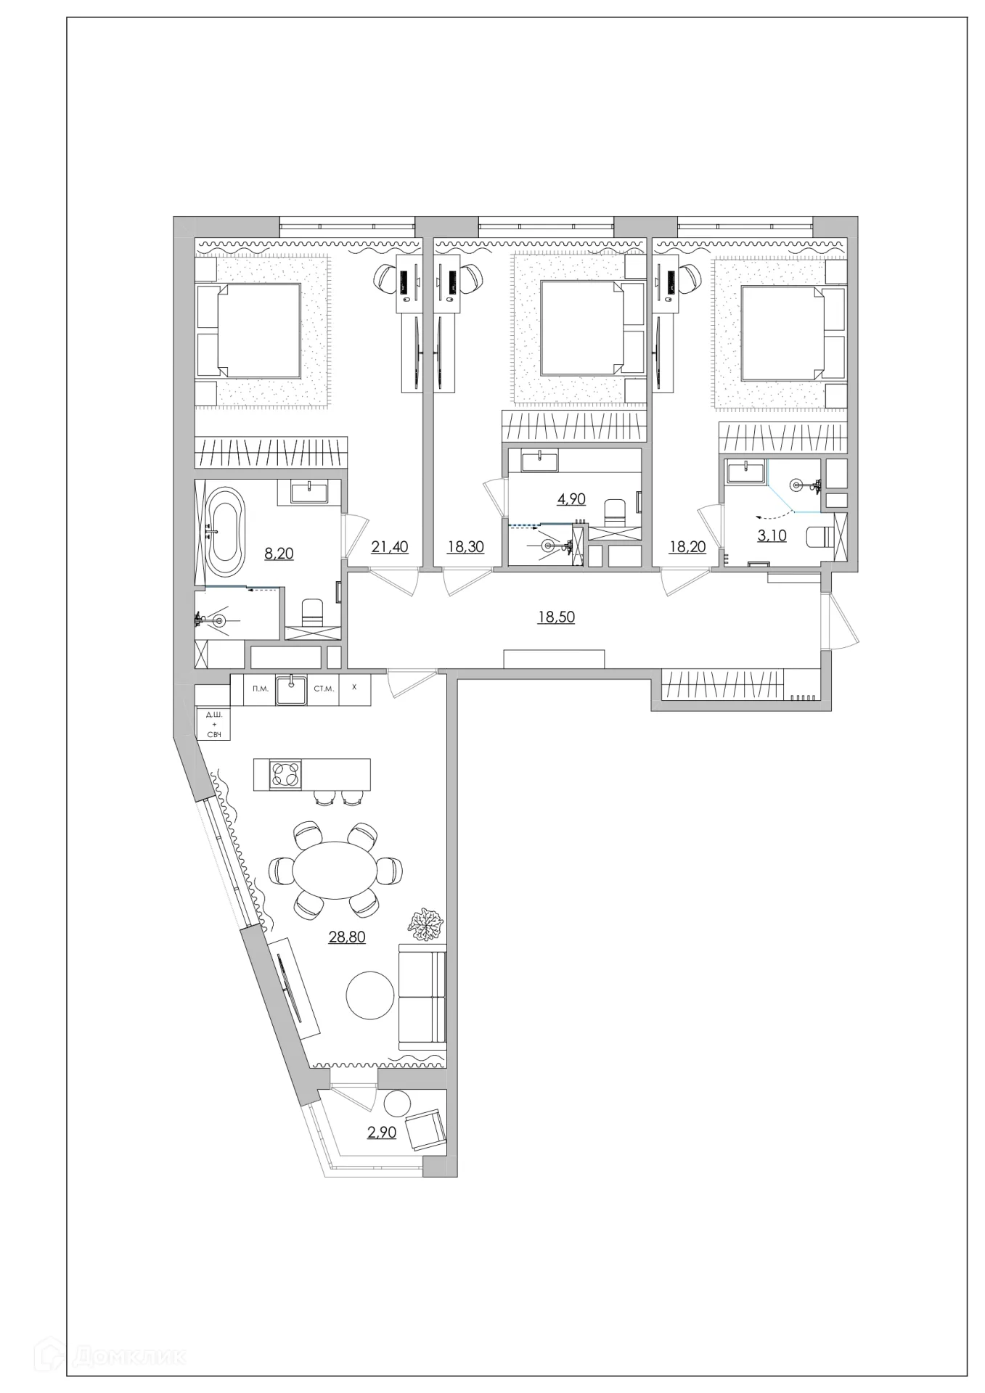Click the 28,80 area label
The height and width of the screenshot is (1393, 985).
click(347, 937)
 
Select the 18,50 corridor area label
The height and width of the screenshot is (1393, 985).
click(556, 617)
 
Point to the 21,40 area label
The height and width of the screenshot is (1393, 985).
click(390, 546)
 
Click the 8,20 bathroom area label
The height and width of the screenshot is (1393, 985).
click(279, 553)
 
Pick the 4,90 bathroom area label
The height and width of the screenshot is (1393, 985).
click(571, 498)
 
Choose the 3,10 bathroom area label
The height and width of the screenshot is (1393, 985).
click(772, 536)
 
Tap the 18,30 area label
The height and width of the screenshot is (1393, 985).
click(465, 546)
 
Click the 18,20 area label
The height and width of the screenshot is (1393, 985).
click(687, 546)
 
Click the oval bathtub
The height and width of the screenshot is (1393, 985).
click(225, 529)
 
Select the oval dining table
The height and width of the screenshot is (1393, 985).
click(335, 869)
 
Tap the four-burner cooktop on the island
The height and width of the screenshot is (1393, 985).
click(285, 774)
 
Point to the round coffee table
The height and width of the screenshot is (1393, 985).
click(371, 995)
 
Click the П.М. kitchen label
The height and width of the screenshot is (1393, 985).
click(261, 689)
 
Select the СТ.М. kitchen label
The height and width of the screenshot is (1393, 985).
click(324, 689)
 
